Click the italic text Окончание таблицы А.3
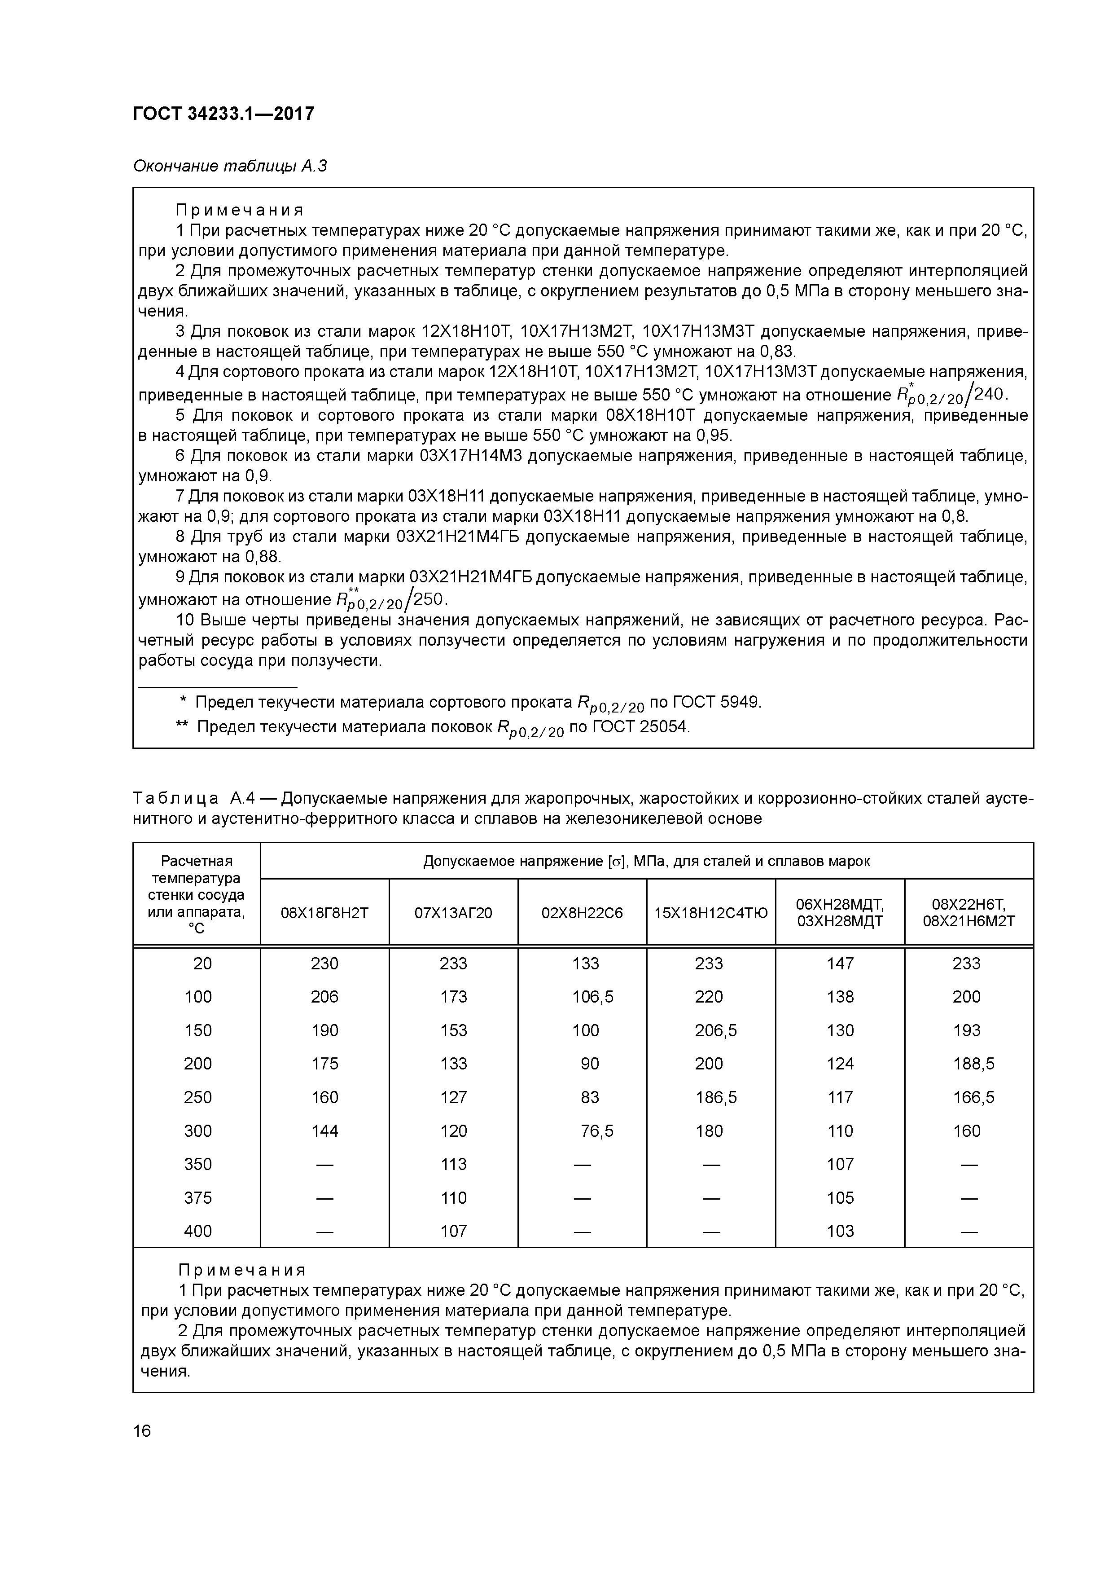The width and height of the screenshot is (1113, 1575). [230, 166]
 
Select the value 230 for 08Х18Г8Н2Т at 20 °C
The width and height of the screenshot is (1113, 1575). [324, 963]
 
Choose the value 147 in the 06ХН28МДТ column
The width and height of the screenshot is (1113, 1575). [840, 963]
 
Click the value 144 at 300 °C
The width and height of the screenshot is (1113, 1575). [324, 1131]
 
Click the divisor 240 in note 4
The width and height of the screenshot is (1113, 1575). [989, 394]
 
